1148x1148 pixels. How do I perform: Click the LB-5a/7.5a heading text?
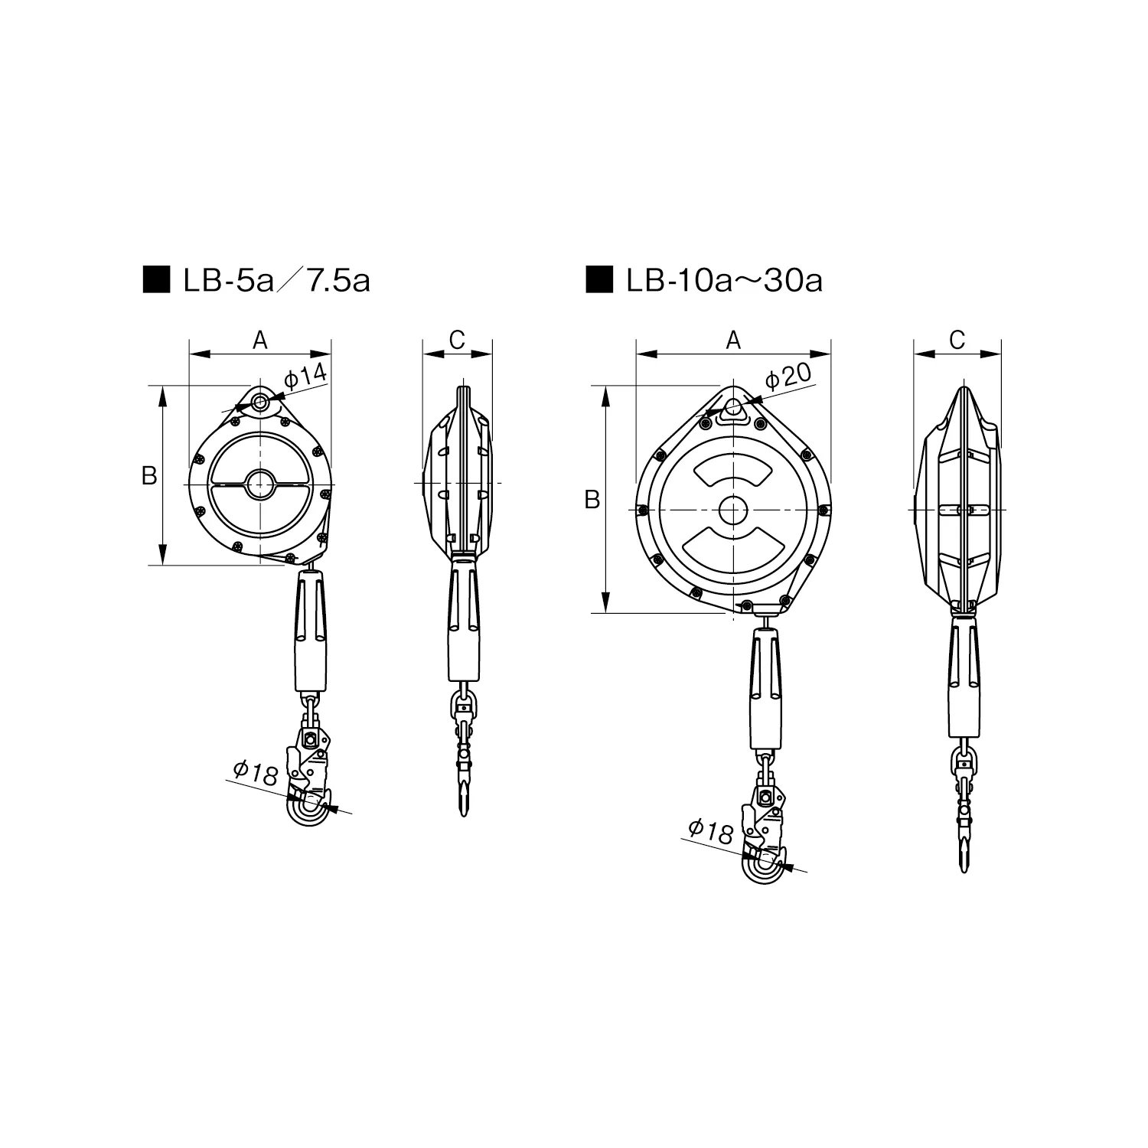[276, 281]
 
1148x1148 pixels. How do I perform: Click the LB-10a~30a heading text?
[724, 281]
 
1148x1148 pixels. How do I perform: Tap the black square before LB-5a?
[157, 280]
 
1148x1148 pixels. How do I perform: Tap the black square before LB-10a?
[599, 280]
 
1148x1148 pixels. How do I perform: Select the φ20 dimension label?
[788, 375]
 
